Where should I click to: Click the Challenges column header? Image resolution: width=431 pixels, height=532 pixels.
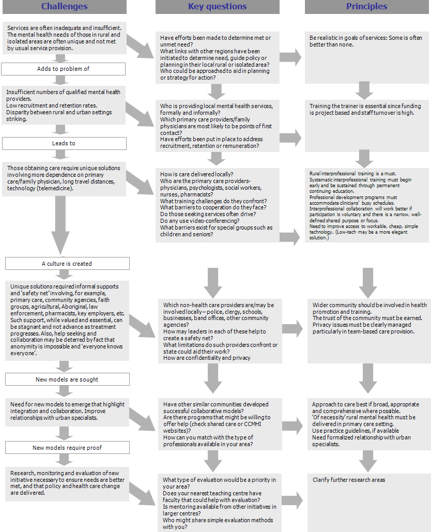coord(64,7)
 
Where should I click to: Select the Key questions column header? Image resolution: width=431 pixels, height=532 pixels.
coord(217,7)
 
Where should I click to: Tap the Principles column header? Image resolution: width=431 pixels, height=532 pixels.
coord(366,7)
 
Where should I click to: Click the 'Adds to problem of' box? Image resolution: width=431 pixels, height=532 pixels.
coord(64,69)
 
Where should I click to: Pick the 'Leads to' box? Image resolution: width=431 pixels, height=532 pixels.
coord(64,143)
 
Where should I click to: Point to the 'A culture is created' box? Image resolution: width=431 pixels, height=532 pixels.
coord(67,264)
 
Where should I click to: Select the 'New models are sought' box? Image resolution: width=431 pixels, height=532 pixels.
coord(67,379)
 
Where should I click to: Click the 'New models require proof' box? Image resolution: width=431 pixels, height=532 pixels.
coord(67,448)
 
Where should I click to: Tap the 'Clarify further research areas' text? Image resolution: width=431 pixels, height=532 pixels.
coord(349,480)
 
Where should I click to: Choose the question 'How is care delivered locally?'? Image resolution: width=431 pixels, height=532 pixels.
coord(197,174)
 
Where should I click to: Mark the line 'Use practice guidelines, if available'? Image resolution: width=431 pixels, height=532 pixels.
coord(355,431)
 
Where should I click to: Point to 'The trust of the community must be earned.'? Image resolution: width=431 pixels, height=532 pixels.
coord(367,318)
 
